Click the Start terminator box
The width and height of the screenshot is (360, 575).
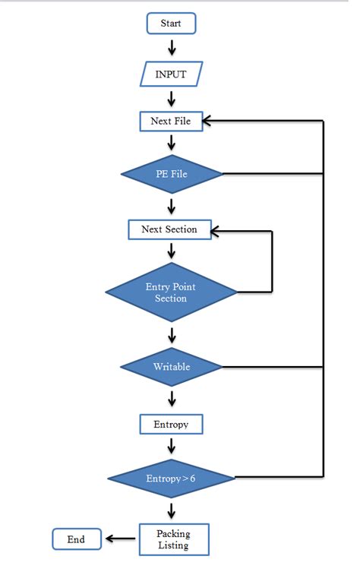(x=171, y=24)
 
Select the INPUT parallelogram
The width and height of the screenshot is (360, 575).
(x=172, y=74)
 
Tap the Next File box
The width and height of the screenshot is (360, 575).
(x=172, y=121)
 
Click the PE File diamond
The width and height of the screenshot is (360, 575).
(x=172, y=174)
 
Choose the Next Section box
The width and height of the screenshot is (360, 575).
(x=169, y=229)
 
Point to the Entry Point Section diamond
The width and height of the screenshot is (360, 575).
(x=171, y=292)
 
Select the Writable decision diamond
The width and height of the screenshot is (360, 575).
(x=172, y=367)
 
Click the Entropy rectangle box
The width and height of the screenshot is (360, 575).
(x=172, y=423)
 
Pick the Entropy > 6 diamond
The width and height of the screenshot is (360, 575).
(x=171, y=478)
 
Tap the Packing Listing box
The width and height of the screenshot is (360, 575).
(x=174, y=539)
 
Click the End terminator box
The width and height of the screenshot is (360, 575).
(x=76, y=539)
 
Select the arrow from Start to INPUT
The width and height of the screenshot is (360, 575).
(x=172, y=47)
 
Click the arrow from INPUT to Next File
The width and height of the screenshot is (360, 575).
(x=172, y=98)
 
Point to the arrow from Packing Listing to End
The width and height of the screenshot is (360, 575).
(x=122, y=539)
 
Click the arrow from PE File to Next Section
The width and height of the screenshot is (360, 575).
(x=172, y=205)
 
